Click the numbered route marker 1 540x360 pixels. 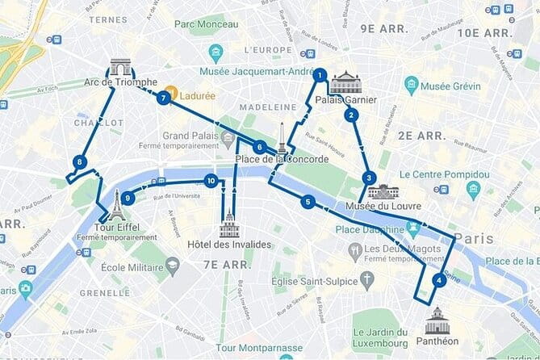tap(320, 76)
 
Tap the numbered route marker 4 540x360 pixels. tap(438, 281)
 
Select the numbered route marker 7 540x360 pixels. tap(164, 98)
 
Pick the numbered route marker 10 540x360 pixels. tap(211, 181)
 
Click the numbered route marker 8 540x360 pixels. tap(79, 162)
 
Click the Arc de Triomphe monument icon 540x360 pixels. tap(120, 67)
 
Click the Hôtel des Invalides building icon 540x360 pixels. tap(229, 224)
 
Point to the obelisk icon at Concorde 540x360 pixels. tap(282, 138)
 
